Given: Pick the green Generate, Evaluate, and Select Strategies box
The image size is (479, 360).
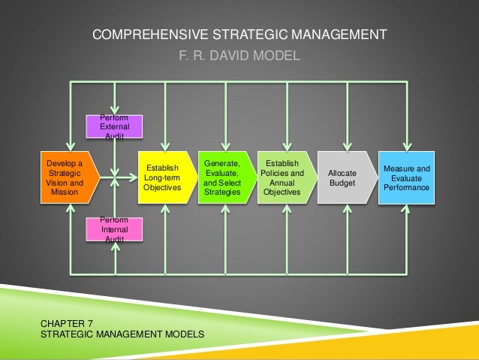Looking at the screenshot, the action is [223, 177].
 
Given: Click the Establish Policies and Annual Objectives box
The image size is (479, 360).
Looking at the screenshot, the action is [282, 177].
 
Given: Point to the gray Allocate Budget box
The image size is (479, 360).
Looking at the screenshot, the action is [343, 177].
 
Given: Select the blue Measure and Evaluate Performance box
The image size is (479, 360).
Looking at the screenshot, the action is [406, 177].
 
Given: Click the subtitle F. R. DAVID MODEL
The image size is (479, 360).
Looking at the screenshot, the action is [239, 55].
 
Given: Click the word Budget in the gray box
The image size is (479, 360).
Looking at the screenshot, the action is [342, 183].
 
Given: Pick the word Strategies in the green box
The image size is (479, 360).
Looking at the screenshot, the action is [222, 192].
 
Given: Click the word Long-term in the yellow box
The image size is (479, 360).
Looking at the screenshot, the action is [162, 177].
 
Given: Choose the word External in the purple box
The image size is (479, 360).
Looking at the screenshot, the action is [115, 128].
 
